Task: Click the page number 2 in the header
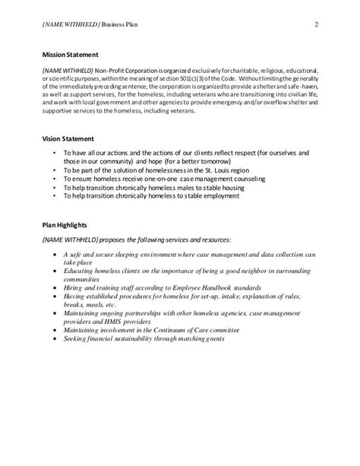pos(314,24)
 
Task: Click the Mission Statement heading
pos(76,55)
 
